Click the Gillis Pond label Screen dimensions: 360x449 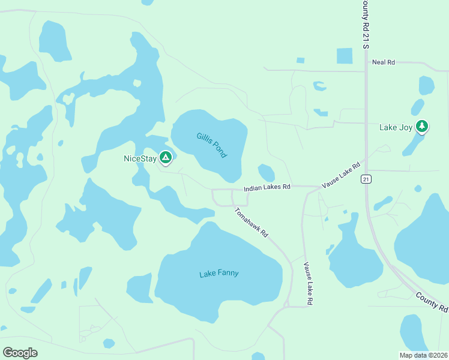pyautogui.click(x=212, y=145)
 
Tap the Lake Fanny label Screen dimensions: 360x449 pyautogui.click(x=218, y=274)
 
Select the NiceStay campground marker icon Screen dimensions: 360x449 pyautogui.click(x=166, y=158)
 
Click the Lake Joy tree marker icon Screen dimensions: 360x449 pyautogui.click(x=423, y=126)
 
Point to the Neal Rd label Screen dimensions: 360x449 pyautogui.click(x=383, y=62)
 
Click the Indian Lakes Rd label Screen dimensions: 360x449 pyautogui.click(x=267, y=187)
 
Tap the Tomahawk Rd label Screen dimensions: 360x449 pyautogui.click(x=251, y=222)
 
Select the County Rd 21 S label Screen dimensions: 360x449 pyautogui.click(x=365, y=24)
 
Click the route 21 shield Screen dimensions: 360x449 pyautogui.click(x=366, y=179)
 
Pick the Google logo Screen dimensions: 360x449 pyautogui.click(x=20, y=353)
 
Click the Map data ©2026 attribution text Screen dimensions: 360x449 pyautogui.click(x=424, y=355)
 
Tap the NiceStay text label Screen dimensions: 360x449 pyautogui.click(x=139, y=158)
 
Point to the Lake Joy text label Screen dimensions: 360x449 pyautogui.click(x=396, y=127)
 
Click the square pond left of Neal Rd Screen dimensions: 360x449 pyautogui.click(x=345, y=56)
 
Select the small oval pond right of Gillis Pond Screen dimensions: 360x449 pyautogui.click(x=266, y=173)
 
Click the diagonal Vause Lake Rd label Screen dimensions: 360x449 pyautogui.click(x=340, y=175)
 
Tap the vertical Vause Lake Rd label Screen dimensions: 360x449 pyautogui.click(x=307, y=284)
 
